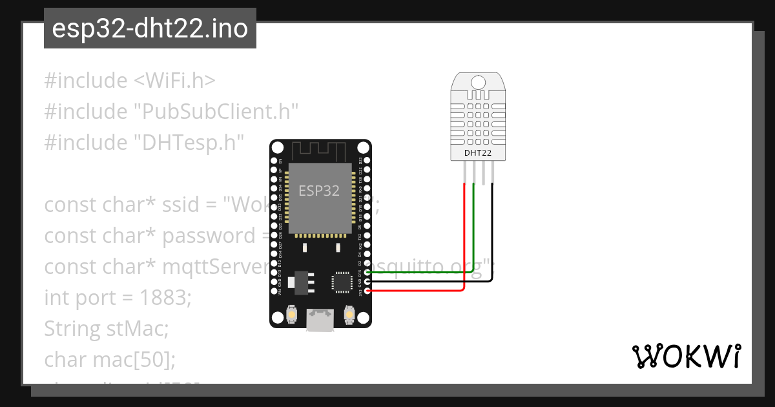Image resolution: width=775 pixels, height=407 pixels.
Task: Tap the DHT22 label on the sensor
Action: click(478, 153)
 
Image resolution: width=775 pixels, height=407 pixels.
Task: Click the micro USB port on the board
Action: click(320, 319)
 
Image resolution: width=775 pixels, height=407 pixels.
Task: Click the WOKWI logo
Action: click(686, 356)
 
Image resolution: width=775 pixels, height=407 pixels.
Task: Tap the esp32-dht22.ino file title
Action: click(150, 28)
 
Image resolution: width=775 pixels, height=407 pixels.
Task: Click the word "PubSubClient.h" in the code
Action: click(216, 112)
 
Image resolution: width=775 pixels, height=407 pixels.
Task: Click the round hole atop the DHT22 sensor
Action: click(478, 82)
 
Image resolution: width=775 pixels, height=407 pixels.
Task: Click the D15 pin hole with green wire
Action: click(367, 273)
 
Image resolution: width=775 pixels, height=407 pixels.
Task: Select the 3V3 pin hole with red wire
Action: click(367, 291)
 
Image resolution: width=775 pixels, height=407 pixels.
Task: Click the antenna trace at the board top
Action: click(320, 151)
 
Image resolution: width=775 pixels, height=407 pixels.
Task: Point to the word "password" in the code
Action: click(210, 236)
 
